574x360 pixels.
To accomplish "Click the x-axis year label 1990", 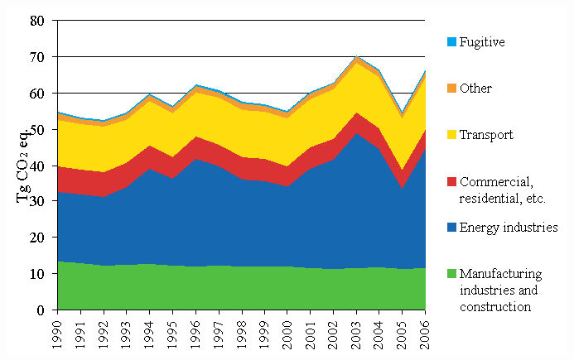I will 57,332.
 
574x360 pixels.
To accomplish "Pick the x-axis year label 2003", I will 357,332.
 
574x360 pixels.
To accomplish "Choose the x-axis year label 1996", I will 195,332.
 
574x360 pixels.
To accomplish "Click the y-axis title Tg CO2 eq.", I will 23,166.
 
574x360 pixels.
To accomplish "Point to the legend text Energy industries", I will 509,228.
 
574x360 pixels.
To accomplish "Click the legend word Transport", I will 487,135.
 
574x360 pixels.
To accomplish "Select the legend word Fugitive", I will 482,41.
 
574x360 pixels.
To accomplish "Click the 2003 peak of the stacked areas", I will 357,57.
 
